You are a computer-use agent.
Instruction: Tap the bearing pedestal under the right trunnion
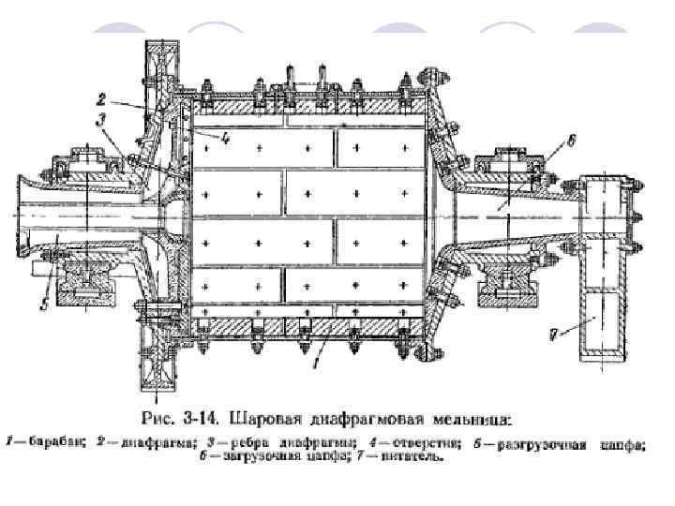(510, 285)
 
